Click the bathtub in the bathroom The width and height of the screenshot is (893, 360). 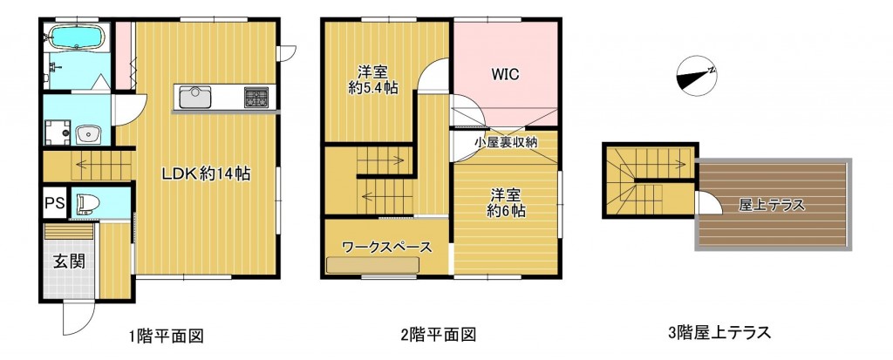(77, 37)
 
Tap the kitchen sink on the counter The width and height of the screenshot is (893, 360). (195, 97)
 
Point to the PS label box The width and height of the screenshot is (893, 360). (55, 203)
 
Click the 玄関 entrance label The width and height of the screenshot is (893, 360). (70, 262)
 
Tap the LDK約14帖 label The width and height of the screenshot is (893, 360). (207, 174)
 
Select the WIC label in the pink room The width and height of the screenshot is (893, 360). (506, 75)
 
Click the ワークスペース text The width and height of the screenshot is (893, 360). (386, 248)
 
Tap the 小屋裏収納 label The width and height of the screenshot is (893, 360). (506, 142)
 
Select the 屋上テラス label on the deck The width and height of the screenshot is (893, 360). (772, 205)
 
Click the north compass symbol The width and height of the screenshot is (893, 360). (696, 76)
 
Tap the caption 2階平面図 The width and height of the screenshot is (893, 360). (439, 334)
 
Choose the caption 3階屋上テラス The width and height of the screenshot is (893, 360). (719, 331)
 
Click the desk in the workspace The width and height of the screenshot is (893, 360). (373, 266)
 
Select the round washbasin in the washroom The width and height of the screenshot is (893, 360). (88, 136)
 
